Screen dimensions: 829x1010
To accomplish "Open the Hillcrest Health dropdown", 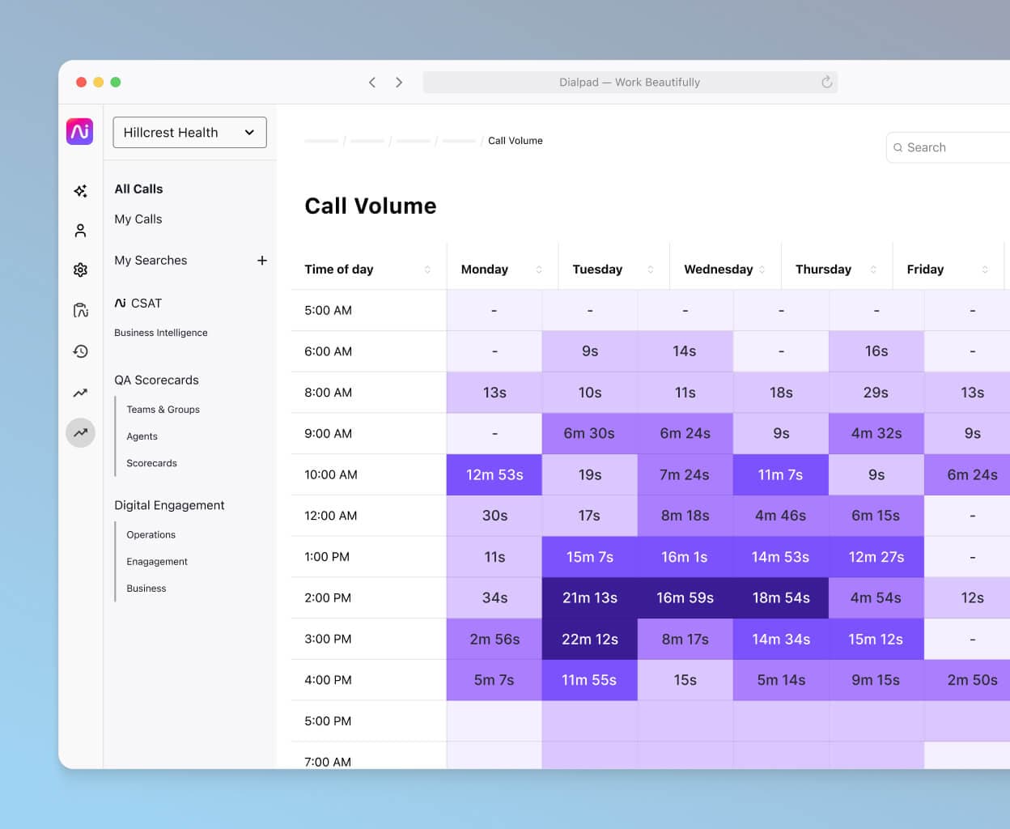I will [x=189, y=133].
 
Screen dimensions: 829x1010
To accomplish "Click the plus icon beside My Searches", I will [x=262, y=261].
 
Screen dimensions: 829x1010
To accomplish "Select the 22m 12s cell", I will [x=589, y=639].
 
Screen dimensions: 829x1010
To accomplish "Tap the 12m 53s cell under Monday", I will [x=494, y=475].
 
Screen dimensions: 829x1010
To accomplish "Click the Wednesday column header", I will [x=718, y=270].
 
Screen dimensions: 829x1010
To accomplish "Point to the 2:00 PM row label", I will [x=328, y=598].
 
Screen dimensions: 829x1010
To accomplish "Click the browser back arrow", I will [x=372, y=83].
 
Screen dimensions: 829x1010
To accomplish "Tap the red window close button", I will [x=81, y=83].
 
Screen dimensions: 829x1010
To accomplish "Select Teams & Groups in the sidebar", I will [x=163, y=410].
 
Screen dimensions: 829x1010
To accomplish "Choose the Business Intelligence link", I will [x=160, y=333].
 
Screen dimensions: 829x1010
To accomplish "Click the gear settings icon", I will [x=80, y=270].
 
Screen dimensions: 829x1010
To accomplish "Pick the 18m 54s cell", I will [x=780, y=598].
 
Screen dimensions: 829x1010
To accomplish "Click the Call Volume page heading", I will [x=370, y=206].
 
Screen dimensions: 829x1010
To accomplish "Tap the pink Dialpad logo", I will [x=80, y=131].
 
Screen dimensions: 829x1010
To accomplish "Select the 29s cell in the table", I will [x=876, y=393].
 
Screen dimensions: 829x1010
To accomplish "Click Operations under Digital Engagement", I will [x=151, y=535].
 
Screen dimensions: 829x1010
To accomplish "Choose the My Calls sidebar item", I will [x=138, y=219].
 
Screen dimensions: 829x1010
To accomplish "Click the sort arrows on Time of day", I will [x=427, y=270].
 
